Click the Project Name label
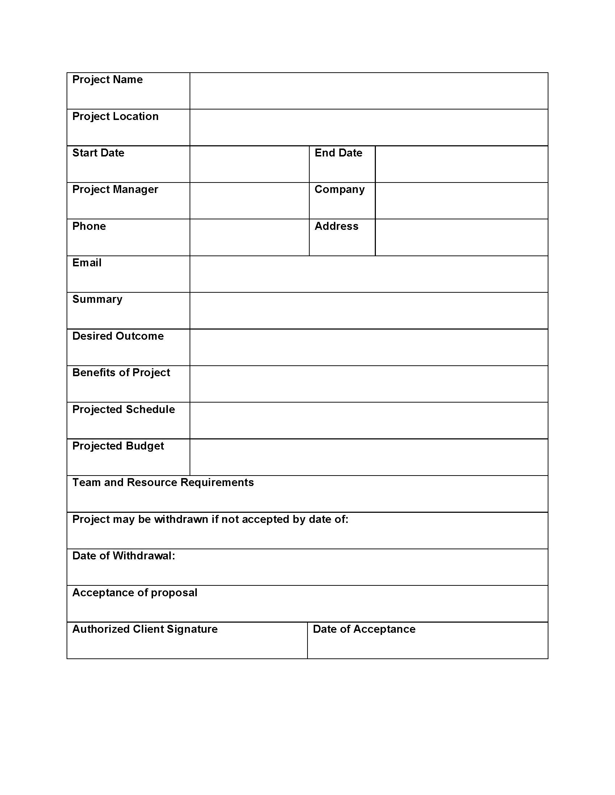tap(107, 79)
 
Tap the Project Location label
tap(115, 116)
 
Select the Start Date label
tap(98, 153)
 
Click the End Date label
tap(338, 153)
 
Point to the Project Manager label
tap(115, 189)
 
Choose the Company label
tap(339, 189)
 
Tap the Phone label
tap(89, 226)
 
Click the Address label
tap(336, 226)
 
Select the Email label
tap(87, 262)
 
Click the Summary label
tap(97, 299)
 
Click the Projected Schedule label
tap(123, 409)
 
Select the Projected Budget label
tap(118, 446)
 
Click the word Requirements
tap(217, 482)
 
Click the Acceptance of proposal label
tap(135, 593)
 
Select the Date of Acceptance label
tap(364, 629)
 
